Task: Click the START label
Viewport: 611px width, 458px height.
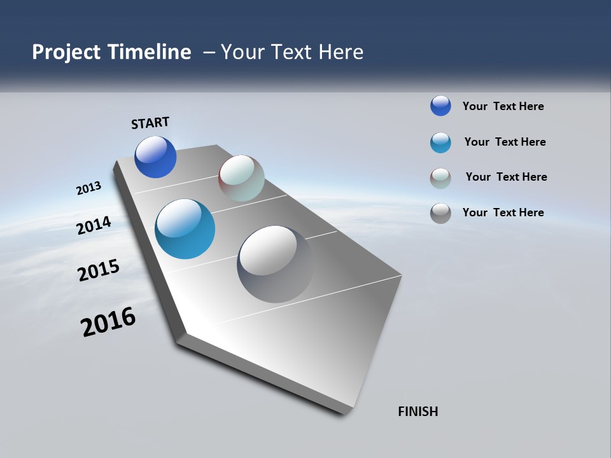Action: coord(150,123)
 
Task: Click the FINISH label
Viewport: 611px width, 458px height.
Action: coord(418,412)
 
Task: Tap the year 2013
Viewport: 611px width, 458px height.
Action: coord(88,188)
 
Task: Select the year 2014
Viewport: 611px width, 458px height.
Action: coord(94,225)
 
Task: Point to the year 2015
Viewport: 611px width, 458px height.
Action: coord(99,270)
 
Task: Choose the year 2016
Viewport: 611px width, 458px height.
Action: coord(108,322)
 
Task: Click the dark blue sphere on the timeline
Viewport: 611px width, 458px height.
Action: coord(155,156)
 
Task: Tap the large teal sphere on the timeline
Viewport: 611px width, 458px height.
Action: coord(185,229)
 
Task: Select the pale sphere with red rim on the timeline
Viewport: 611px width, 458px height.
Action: coord(241,178)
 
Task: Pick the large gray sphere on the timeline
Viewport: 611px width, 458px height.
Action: coord(275,264)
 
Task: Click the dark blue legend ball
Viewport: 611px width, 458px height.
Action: coord(440,106)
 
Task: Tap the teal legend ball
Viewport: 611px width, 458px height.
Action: coord(440,142)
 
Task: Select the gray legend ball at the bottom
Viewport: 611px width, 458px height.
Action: coord(440,213)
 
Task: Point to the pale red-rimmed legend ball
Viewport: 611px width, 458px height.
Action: coord(440,178)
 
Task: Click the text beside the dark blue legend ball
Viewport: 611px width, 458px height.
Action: coord(503,106)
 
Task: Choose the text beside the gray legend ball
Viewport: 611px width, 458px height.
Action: coord(503,212)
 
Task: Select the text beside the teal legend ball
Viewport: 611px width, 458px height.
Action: coord(505,142)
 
